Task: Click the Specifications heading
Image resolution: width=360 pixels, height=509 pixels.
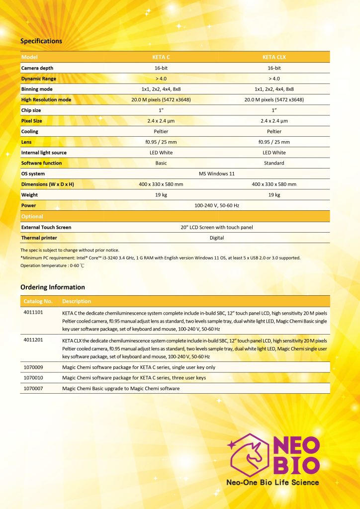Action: pos(41,41)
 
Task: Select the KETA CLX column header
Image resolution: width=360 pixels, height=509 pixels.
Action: pos(274,57)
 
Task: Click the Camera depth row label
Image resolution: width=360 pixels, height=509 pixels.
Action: pos(37,68)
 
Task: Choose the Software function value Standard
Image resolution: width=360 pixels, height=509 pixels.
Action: pos(274,163)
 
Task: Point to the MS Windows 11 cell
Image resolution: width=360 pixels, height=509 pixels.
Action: pos(217,173)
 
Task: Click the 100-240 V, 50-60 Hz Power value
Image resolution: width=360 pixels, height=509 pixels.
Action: pos(217,205)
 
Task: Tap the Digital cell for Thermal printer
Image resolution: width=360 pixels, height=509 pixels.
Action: pos(217,238)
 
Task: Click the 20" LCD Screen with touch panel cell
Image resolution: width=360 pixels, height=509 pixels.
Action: pos(217,227)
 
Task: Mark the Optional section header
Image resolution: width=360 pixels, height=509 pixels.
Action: pos(32,217)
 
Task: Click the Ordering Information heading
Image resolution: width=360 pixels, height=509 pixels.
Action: pos(53,287)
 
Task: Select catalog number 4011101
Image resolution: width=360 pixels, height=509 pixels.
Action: pos(33,313)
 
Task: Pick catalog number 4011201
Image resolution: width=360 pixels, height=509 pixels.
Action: pos(33,340)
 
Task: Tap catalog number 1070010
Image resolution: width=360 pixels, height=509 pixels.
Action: pos(33,378)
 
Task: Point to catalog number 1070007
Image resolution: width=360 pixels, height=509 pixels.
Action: pos(33,388)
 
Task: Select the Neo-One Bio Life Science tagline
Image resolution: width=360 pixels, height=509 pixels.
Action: pos(272,482)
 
